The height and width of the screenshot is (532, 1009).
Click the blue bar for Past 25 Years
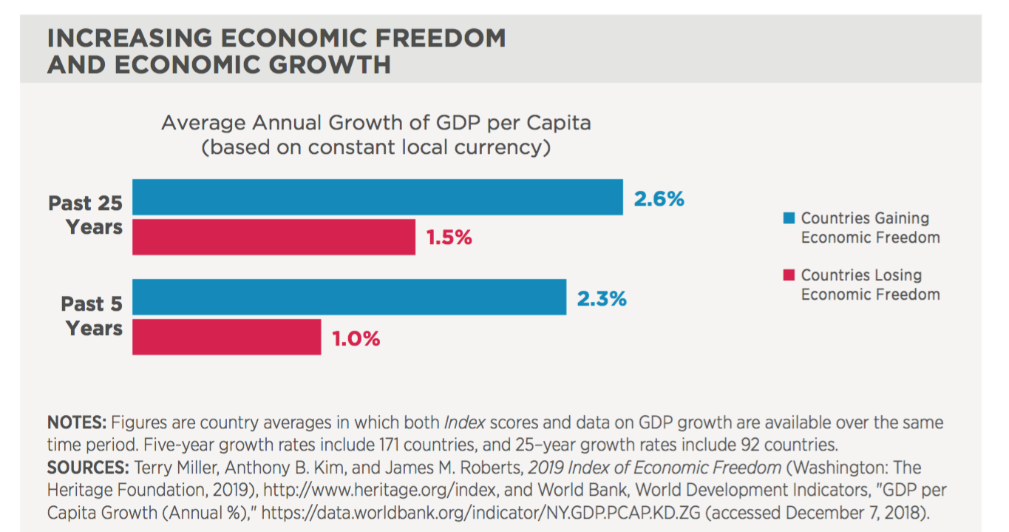(x=377, y=197)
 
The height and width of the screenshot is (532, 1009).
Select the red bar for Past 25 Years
(x=274, y=237)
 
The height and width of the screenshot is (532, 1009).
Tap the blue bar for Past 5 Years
(x=349, y=297)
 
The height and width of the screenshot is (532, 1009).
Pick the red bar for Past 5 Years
(x=226, y=337)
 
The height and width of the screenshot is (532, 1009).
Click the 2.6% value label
(x=659, y=199)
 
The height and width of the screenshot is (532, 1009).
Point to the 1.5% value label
(x=449, y=238)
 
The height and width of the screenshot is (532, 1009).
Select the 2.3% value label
(x=602, y=299)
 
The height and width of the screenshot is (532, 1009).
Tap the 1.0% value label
(x=356, y=339)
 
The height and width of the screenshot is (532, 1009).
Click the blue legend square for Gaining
(x=789, y=218)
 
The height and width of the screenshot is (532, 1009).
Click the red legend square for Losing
(x=789, y=275)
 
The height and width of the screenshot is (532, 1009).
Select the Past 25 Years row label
(x=86, y=215)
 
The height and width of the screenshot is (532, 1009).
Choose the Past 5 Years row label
(x=92, y=316)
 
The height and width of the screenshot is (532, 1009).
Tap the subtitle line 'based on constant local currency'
(x=376, y=147)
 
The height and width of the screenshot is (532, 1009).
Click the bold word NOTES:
(x=77, y=423)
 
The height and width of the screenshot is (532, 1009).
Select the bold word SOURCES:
(x=88, y=468)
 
